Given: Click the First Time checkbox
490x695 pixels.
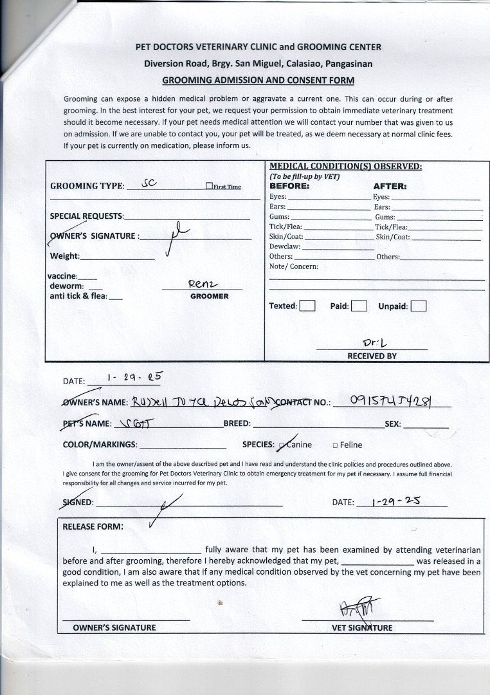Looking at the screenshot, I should [x=209, y=186].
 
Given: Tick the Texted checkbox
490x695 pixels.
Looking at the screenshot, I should [x=307, y=306].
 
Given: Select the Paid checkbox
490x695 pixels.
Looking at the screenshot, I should [x=359, y=306].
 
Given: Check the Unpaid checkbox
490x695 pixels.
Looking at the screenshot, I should [x=419, y=306].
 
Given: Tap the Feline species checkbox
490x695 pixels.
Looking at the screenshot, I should [x=336, y=445].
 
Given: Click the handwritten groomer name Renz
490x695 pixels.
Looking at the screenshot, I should [x=204, y=284].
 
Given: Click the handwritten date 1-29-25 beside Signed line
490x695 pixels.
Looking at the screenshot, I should [x=396, y=501].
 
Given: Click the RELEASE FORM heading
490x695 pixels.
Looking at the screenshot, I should [x=93, y=526].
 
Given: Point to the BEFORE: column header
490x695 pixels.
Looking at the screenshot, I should [x=289, y=186].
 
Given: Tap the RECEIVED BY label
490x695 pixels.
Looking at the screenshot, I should [x=372, y=356].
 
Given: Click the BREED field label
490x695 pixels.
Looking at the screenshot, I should [x=237, y=424].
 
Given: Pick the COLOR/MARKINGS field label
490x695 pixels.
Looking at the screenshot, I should [x=100, y=445].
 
